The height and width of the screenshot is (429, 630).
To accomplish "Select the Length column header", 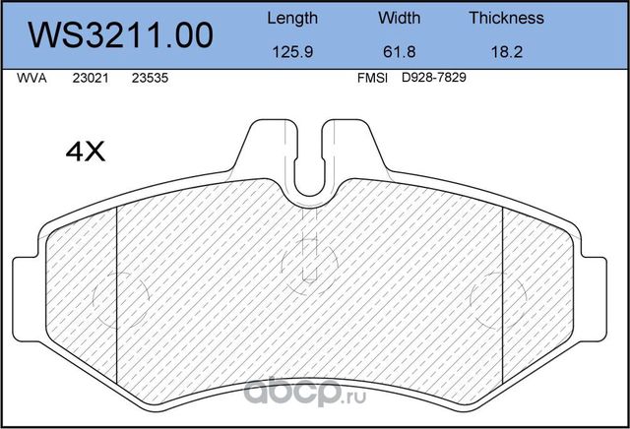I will (x=292, y=18).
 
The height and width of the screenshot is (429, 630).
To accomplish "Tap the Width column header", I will (x=399, y=18).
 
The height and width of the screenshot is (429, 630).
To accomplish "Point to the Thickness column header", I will (x=506, y=18).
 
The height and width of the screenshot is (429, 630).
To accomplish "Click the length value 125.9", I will (x=292, y=54).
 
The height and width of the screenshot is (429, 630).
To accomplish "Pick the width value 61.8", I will (x=399, y=54).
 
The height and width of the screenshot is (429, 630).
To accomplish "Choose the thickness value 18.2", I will (x=506, y=54).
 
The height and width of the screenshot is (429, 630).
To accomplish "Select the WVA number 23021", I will (x=91, y=83).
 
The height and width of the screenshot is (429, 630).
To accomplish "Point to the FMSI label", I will (x=373, y=83).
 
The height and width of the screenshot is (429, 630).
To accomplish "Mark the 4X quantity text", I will (x=85, y=153).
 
